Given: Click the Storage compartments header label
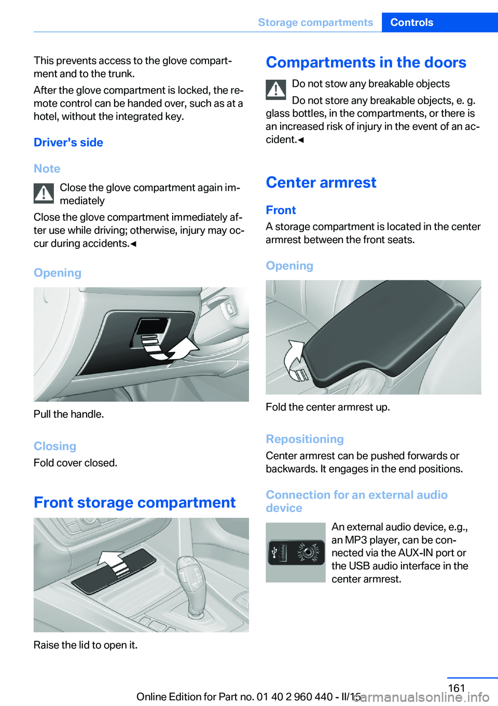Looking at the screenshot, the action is coord(315,22).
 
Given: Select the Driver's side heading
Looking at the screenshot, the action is coord(68,143).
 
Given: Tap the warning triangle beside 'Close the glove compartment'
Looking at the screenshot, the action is coord(44,193).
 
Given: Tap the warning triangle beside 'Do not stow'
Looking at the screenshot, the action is coord(275,90).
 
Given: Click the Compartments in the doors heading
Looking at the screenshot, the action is coord(366,62).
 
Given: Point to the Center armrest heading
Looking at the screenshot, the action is coord(321,182).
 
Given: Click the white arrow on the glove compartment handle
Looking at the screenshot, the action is coord(170,348).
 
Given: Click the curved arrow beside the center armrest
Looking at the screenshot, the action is coord(294,359).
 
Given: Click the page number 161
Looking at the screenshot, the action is coord(456,688).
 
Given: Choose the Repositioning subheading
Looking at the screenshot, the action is coord(305,439).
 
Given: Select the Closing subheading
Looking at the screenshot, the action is coord(55,446).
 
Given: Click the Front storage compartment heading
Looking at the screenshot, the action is coord(135,502).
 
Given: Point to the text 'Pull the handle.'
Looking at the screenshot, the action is coord(69,414).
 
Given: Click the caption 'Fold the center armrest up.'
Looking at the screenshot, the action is coord(328,407).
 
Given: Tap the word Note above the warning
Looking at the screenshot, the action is coord(47,168).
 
